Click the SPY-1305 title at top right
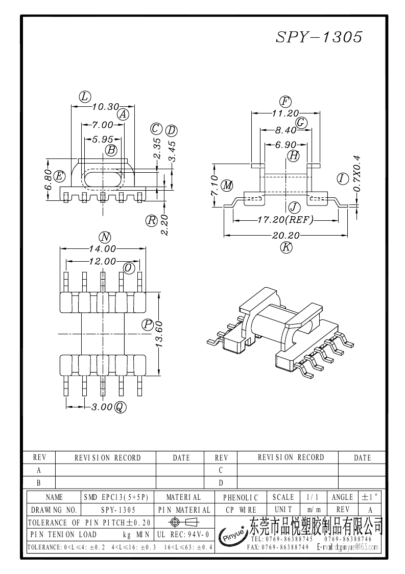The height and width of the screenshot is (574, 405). [x=319, y=37]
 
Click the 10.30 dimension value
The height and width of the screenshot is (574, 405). [x=105, y=106]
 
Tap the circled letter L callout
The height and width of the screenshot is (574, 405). [x=84, y=97]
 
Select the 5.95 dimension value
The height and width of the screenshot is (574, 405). [x=103, y=139]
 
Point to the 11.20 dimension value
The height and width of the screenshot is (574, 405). [x=285, y=113]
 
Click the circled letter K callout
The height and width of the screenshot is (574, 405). [x=286, y=247]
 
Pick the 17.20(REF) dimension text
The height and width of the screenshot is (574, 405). [x=285, y=220]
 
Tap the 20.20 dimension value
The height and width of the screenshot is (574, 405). [x=285, y=236]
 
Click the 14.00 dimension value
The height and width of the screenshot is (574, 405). [x=103, y=249]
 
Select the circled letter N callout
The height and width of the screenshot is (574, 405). [x=105, y=238]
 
